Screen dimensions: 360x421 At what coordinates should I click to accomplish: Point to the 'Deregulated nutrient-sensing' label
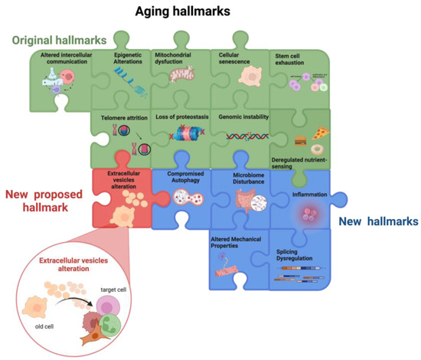[x=299, y=162]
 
